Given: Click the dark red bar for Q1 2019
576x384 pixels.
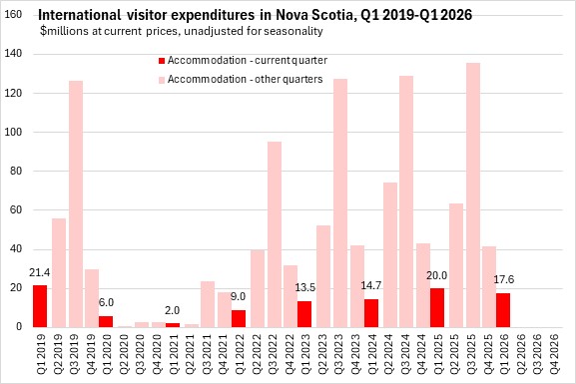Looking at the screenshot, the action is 40,306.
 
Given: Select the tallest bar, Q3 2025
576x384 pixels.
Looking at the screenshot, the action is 473,194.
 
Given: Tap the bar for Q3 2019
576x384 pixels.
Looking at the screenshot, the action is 76,203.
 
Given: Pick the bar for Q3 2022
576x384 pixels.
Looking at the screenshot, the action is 275,234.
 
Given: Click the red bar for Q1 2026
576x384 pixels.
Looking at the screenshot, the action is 503,310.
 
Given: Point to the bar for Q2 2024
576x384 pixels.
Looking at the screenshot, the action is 390,254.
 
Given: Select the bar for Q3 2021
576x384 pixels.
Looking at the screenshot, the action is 208,304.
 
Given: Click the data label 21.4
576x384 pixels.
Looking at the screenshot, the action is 39,273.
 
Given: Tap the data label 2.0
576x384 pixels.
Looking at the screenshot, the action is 172,310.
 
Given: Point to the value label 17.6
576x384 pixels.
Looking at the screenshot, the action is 504,279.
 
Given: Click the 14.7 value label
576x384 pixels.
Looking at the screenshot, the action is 370,285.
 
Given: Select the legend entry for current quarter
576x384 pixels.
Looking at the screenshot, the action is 243,61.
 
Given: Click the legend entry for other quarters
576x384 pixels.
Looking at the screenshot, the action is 241,80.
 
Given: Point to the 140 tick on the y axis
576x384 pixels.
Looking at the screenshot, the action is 13,54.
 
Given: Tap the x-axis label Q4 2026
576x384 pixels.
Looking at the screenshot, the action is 554,354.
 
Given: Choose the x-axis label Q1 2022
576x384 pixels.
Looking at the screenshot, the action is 240,354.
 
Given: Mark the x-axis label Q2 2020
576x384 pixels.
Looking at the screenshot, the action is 124,354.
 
